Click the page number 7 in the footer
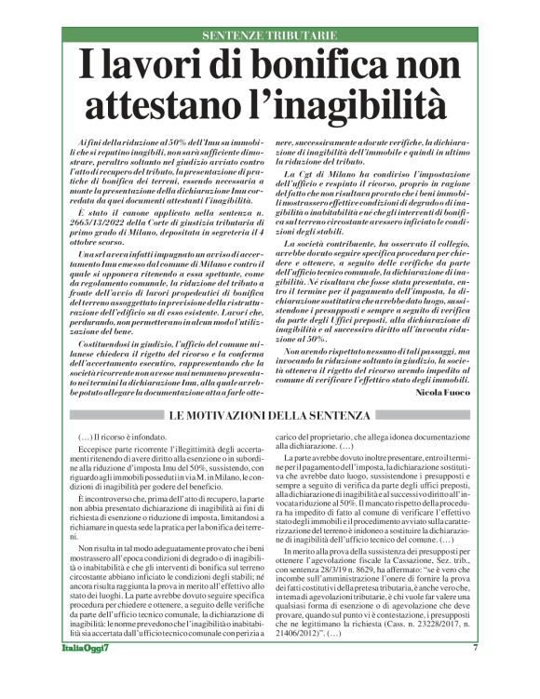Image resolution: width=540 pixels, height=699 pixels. click(x=475, y=673)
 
